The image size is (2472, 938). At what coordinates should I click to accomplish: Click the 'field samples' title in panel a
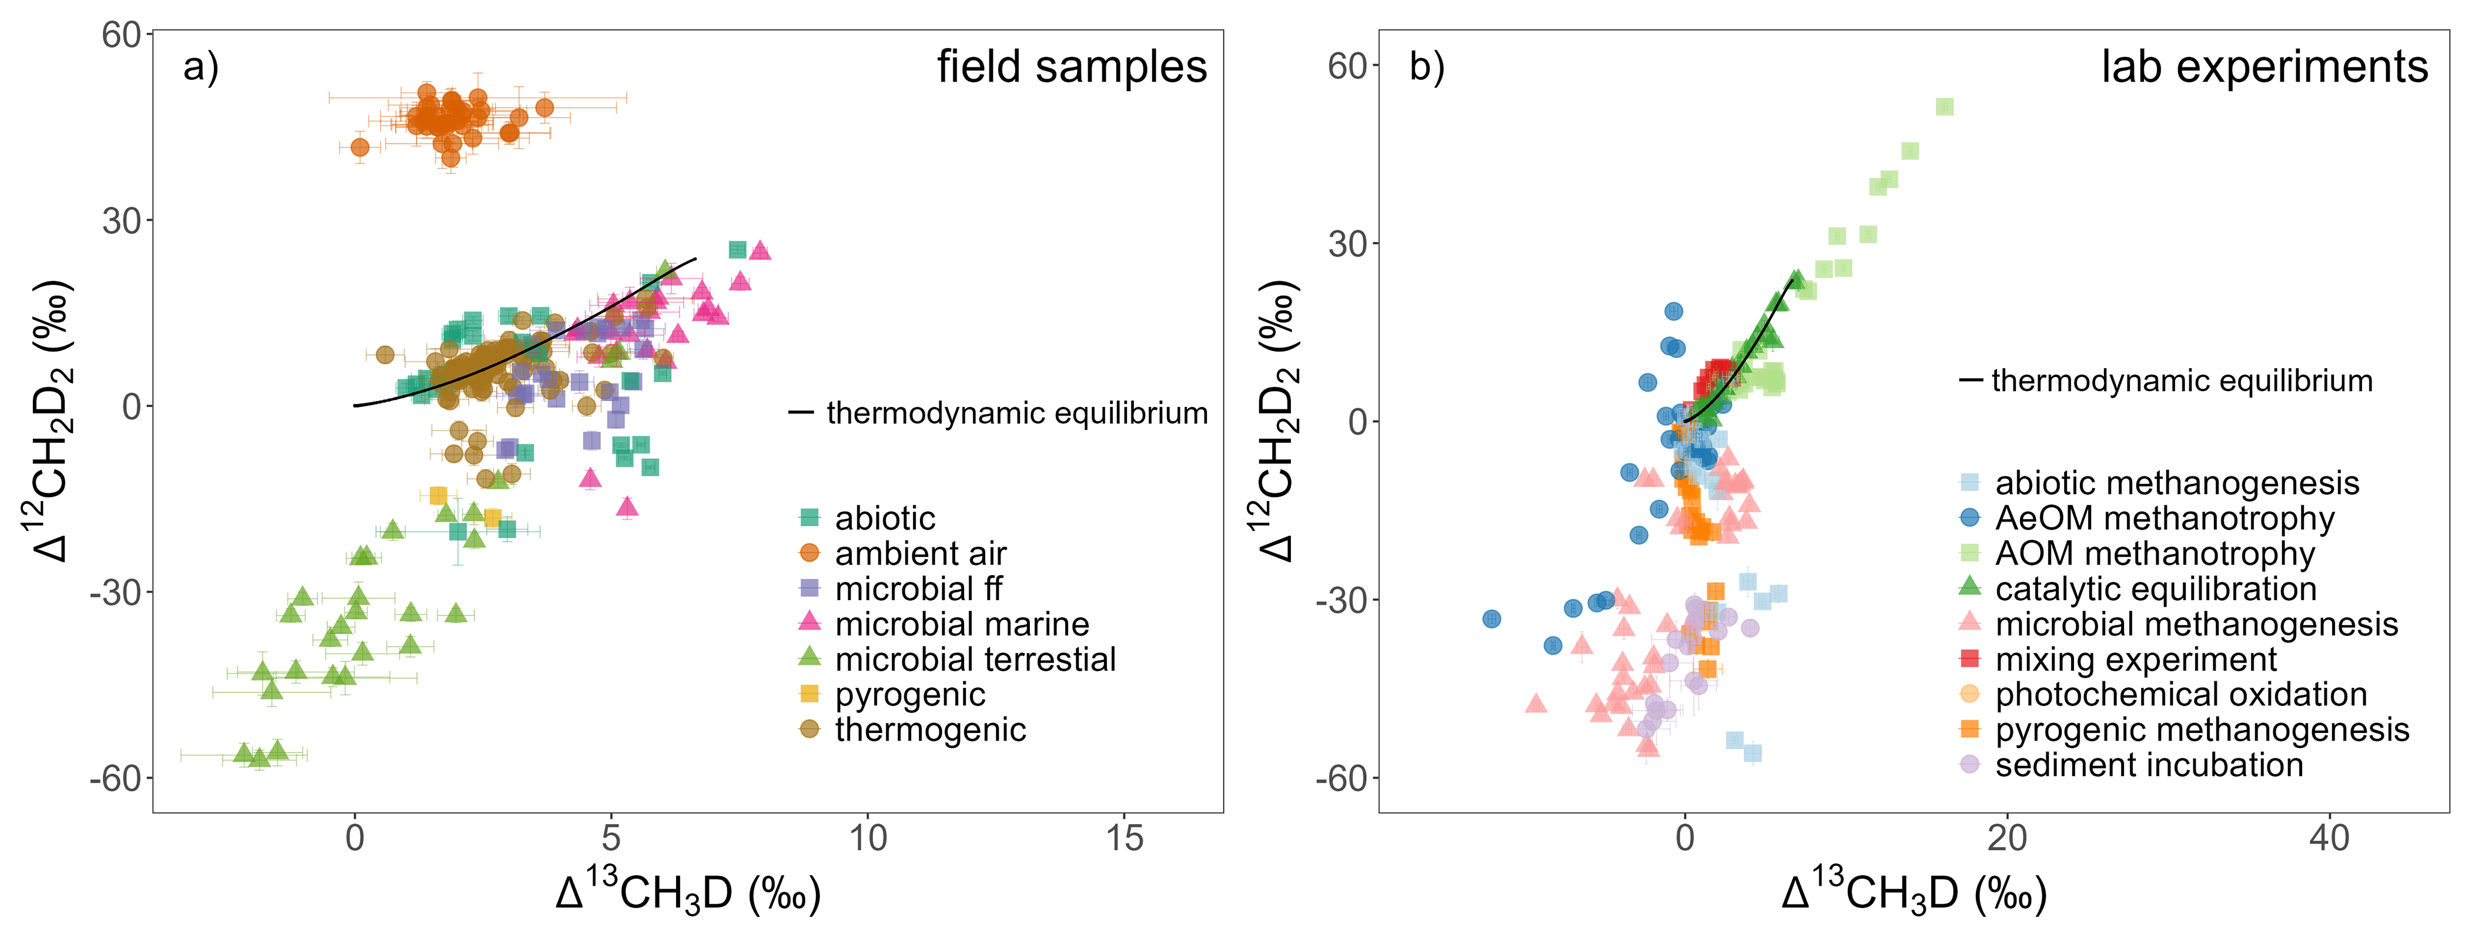(1071, 67)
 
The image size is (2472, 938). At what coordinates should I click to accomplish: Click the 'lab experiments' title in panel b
(2264, 67)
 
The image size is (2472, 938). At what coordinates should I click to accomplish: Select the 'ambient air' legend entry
(919, 553)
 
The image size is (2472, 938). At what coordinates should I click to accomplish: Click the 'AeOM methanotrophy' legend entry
(2164, 518)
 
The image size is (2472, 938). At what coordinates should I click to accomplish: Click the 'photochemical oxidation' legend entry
(2180, 694)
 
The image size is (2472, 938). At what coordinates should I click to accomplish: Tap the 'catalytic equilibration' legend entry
(2155, 589)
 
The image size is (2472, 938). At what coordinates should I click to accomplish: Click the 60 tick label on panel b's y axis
(1347, 66)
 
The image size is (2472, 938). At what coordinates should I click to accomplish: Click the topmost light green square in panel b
(1944, 106)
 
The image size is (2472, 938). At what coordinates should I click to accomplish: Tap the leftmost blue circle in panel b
(1491, 618)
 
